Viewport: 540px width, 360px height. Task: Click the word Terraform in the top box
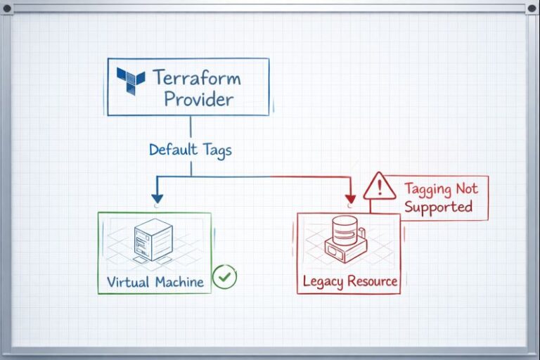196,77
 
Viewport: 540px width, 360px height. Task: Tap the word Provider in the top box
199,98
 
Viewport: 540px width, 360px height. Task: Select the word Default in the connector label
173,150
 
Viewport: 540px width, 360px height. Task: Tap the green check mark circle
224,276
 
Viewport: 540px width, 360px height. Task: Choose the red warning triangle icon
380,186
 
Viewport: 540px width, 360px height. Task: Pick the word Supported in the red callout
438,207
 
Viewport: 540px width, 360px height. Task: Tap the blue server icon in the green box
153,239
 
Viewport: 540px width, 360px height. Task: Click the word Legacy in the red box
322,282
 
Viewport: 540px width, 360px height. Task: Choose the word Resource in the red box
372,282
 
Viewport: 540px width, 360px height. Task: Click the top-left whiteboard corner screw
8,8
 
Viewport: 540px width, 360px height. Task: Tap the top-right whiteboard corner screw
532,8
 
